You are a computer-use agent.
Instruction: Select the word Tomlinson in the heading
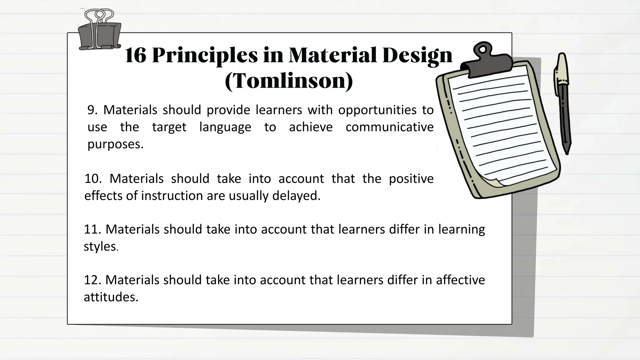(x=289, y=81)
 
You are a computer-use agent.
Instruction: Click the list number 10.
(x=93, y=179)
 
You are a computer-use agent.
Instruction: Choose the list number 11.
(x=92, y=229)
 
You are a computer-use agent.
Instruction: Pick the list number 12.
(x=92, y=280)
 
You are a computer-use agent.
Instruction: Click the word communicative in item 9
(x=389, y=127)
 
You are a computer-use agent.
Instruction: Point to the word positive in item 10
(x=411, y=179)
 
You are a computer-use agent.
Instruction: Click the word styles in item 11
(x=100, y=247)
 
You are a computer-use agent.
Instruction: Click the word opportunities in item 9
(x=377, y=110)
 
